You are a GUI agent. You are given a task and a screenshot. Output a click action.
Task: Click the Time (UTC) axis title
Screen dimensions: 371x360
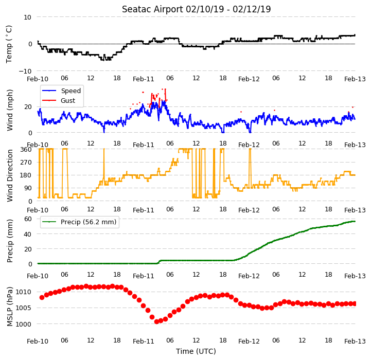tap(196, 351)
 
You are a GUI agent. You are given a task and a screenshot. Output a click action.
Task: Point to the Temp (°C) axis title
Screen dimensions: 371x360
tap(9, 44)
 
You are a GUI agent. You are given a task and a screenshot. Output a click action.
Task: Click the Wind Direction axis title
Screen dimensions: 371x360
tap(10, 176)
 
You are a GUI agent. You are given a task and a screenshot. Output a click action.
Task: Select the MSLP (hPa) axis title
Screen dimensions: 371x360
tap(10, 307)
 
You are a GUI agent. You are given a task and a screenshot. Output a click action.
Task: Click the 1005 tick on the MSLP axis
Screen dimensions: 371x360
tap(24, 308)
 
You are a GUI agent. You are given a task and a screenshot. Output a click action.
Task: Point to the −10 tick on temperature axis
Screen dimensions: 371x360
tap(25, 71)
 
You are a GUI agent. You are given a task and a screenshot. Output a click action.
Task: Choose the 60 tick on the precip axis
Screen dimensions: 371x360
tap(28, 219)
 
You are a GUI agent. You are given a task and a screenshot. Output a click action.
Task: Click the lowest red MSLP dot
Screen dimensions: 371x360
tap(156, 321)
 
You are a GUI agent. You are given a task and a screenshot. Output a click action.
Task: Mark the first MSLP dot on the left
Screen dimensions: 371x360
tap(42, 297)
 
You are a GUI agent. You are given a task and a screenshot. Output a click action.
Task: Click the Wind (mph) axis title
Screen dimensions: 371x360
tap(10, 110)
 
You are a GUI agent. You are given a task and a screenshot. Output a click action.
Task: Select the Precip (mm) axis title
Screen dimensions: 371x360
tap(10, 241)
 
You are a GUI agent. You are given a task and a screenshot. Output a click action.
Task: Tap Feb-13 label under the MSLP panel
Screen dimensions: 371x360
tap(355, 341)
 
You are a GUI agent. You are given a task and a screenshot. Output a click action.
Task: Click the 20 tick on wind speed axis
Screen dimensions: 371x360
tap(28, 106)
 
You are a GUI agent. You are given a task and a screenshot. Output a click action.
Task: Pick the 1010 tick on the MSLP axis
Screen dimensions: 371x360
tap(24, 292)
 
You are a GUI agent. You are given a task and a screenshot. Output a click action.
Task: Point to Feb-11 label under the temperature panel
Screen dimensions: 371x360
tap(144, 79)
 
